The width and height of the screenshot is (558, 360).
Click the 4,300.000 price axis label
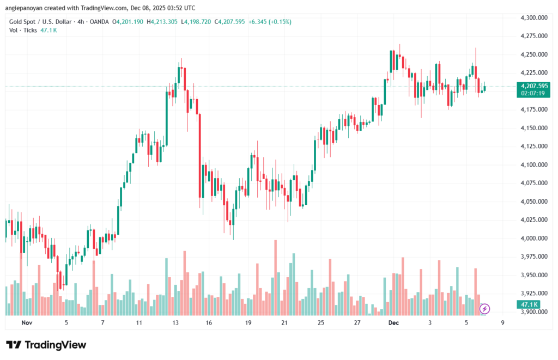pyautogui.click(x=534, y=17)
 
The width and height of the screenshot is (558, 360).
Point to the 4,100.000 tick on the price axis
pyautogui.click(x=534, y=164)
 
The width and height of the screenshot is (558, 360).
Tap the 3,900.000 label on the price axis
pyautogui.click(x=534, y=312)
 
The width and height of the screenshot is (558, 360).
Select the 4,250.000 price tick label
pyautogui.click(x=534, y=54)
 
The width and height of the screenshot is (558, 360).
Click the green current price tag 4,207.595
pyautogui.click(x=534, y=86)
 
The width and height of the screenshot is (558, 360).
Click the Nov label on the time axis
pyautogui.click(x=27, y=322)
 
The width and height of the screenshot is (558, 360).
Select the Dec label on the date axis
pyautogui.click(x=393, y=322)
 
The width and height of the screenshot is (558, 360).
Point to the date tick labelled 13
pyautogui.click(x=175, y=322)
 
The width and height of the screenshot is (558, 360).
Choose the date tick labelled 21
pyautogui.click(x=284, y=322)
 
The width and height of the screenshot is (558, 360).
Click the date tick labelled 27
pyautogui.click(x=357, y=322)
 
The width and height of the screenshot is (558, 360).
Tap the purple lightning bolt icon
pyautogui.click(x=484, y=309)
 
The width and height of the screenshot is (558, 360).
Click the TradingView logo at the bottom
pyautogui.click(x=46, y=345)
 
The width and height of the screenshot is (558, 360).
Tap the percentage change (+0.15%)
pyautogui.click(x=278, y=22)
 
